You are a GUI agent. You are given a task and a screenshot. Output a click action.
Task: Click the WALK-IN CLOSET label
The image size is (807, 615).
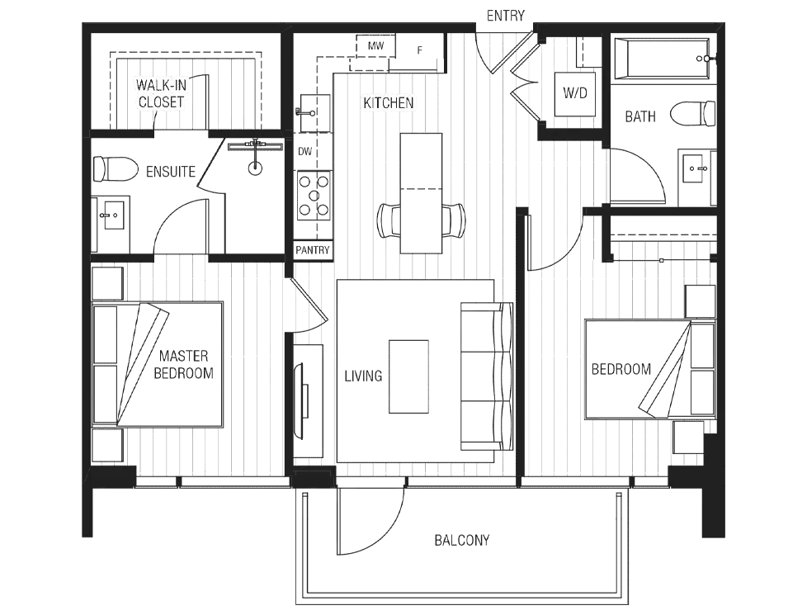[162, 92]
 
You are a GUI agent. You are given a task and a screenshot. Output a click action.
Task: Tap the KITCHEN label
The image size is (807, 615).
[389, 103]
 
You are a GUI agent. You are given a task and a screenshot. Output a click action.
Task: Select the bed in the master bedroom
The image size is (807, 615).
[173, 363]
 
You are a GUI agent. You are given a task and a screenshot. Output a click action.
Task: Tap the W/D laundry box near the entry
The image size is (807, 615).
[574, 92]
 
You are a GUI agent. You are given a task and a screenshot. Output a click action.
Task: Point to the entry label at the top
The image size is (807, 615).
[505, 14]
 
